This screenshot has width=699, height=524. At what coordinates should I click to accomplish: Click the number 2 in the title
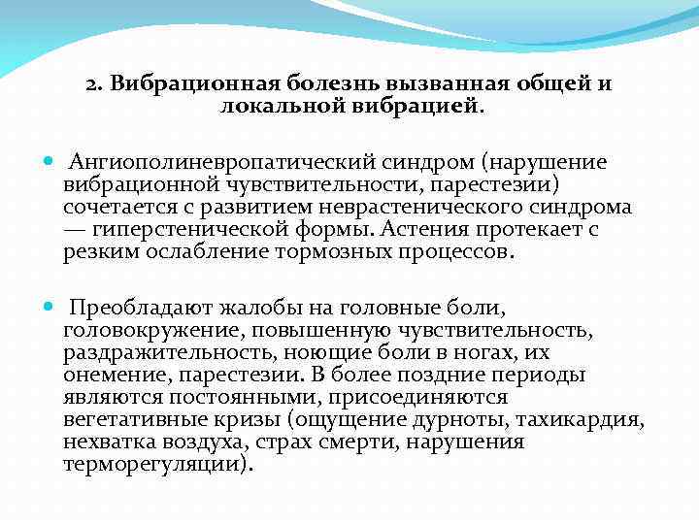click(91, 83)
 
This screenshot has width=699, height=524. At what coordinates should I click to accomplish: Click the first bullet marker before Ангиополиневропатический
click(49, 161)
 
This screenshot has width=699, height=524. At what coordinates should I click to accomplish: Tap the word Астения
click(419, 230)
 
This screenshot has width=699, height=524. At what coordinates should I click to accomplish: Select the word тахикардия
click(593, 420)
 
